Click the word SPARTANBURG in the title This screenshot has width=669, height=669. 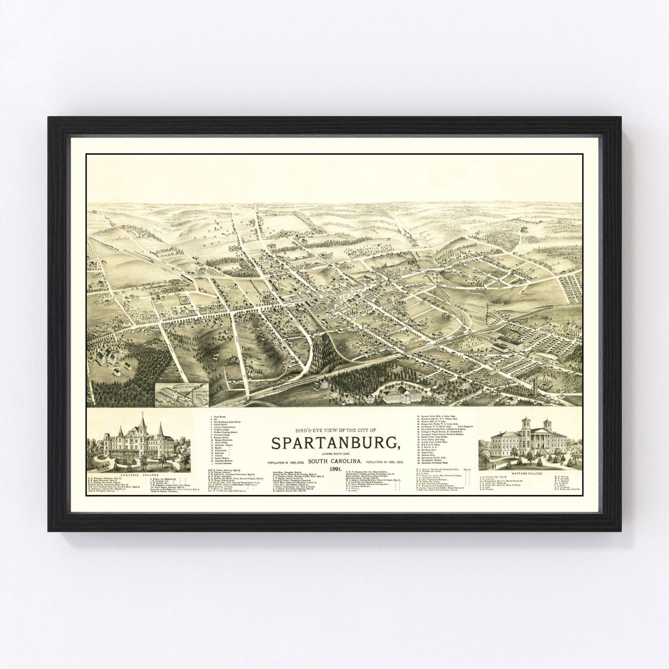click(334, 444)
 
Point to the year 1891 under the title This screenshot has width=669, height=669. click(334, 470)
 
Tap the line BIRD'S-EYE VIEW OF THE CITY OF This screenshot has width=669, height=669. click(334, 431)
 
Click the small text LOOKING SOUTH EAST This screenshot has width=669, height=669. click(334, 453)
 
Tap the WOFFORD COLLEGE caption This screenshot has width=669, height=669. click(530, 473)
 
